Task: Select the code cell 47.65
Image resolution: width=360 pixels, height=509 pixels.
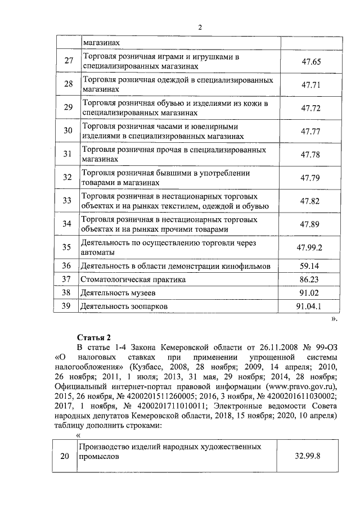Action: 310,62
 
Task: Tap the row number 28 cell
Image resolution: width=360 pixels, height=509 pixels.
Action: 68,84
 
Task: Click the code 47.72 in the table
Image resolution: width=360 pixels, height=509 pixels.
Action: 310,108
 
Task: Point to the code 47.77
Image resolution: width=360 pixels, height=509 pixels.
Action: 310,132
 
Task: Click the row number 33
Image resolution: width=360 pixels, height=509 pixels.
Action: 68,201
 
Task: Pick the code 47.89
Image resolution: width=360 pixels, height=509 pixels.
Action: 310,224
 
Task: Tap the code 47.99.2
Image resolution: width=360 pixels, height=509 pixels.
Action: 310,247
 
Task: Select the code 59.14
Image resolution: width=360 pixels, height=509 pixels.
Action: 310,265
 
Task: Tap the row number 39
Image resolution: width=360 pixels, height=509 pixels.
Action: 68,307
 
